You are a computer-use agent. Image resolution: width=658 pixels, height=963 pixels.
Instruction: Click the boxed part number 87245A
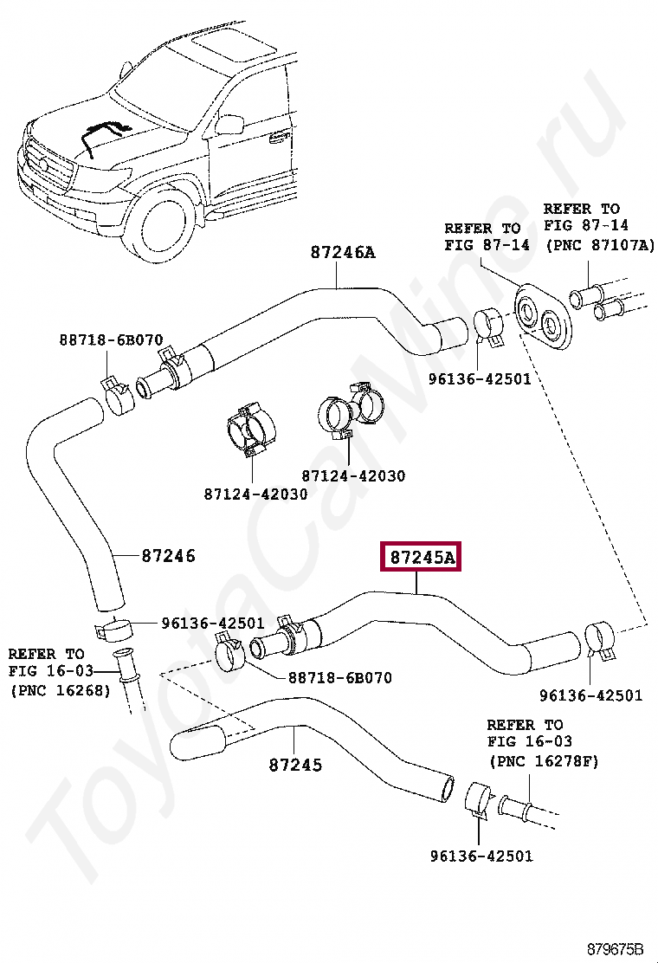pyautogui.click(x=422, y=557)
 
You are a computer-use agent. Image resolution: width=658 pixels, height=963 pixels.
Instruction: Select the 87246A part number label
pyautogui.click(x=343, y=252)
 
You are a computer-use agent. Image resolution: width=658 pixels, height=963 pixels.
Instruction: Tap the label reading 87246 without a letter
pyautogui.click(x=168, y=555)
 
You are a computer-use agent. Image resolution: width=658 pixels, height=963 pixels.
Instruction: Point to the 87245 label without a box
pyautogui.click(x=295, y=765)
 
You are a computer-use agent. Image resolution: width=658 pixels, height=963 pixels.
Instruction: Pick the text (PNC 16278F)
pyautogui.click(x=543, y=760)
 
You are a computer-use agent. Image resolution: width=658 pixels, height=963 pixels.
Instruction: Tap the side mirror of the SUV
pyautogui.click(x=230, y=124)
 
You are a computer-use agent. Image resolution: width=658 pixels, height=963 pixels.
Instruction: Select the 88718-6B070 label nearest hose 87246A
pyautogui.click(x=111, y=340)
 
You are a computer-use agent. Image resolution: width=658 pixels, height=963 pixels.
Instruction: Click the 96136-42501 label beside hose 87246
pyautogui.click(x=212, y=623)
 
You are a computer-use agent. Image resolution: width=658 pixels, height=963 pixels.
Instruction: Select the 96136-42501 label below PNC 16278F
pyautogui.click(x=481, y=856)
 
